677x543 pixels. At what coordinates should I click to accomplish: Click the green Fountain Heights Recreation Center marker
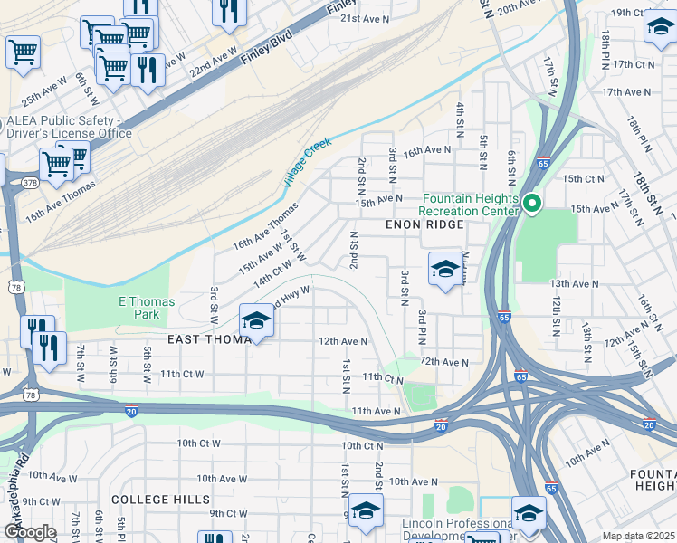(x=532, y=205)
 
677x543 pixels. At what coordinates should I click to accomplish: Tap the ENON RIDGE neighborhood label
(x=425, y=224)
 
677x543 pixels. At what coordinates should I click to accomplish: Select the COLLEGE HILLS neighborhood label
(x=160, y=500)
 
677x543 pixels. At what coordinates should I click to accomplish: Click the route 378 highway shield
(x=31, y=182)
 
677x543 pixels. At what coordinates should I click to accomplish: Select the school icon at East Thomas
(x=256, y=321)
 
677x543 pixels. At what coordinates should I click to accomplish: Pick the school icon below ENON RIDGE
(x=444, y=270)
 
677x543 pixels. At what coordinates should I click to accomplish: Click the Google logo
(x=30, y=532)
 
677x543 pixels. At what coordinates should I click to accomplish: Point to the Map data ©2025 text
(x=638, y=536)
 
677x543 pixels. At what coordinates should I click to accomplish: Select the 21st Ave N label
(x=364, y=18)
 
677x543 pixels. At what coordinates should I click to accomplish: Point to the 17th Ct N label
(x=634, y=64)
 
